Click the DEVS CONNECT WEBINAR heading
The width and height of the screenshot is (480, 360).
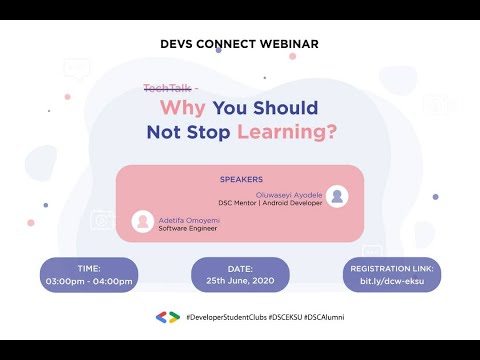[x=239, y=44]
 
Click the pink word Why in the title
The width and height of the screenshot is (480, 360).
[x=189, y=108]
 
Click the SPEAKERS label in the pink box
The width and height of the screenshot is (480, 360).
[x=240, y=180]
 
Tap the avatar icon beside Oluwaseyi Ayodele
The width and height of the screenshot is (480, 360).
[x=338, y=197]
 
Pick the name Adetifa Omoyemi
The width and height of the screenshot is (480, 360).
[x=189, y=219]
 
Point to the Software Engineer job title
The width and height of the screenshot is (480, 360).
[x=188, y=228]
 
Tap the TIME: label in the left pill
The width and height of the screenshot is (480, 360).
[x=88, y=269]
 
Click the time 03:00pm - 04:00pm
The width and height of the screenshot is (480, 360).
[x=88, y=281]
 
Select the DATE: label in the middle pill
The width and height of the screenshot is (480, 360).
[x=240, y=269]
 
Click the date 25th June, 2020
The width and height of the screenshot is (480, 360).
[x=240, y=281]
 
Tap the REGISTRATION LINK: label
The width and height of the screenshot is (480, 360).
[x=391, y=269]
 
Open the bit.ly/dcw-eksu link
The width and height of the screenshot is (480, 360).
[x=391, y=281]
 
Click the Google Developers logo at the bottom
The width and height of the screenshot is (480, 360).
[x=167, y=317]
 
